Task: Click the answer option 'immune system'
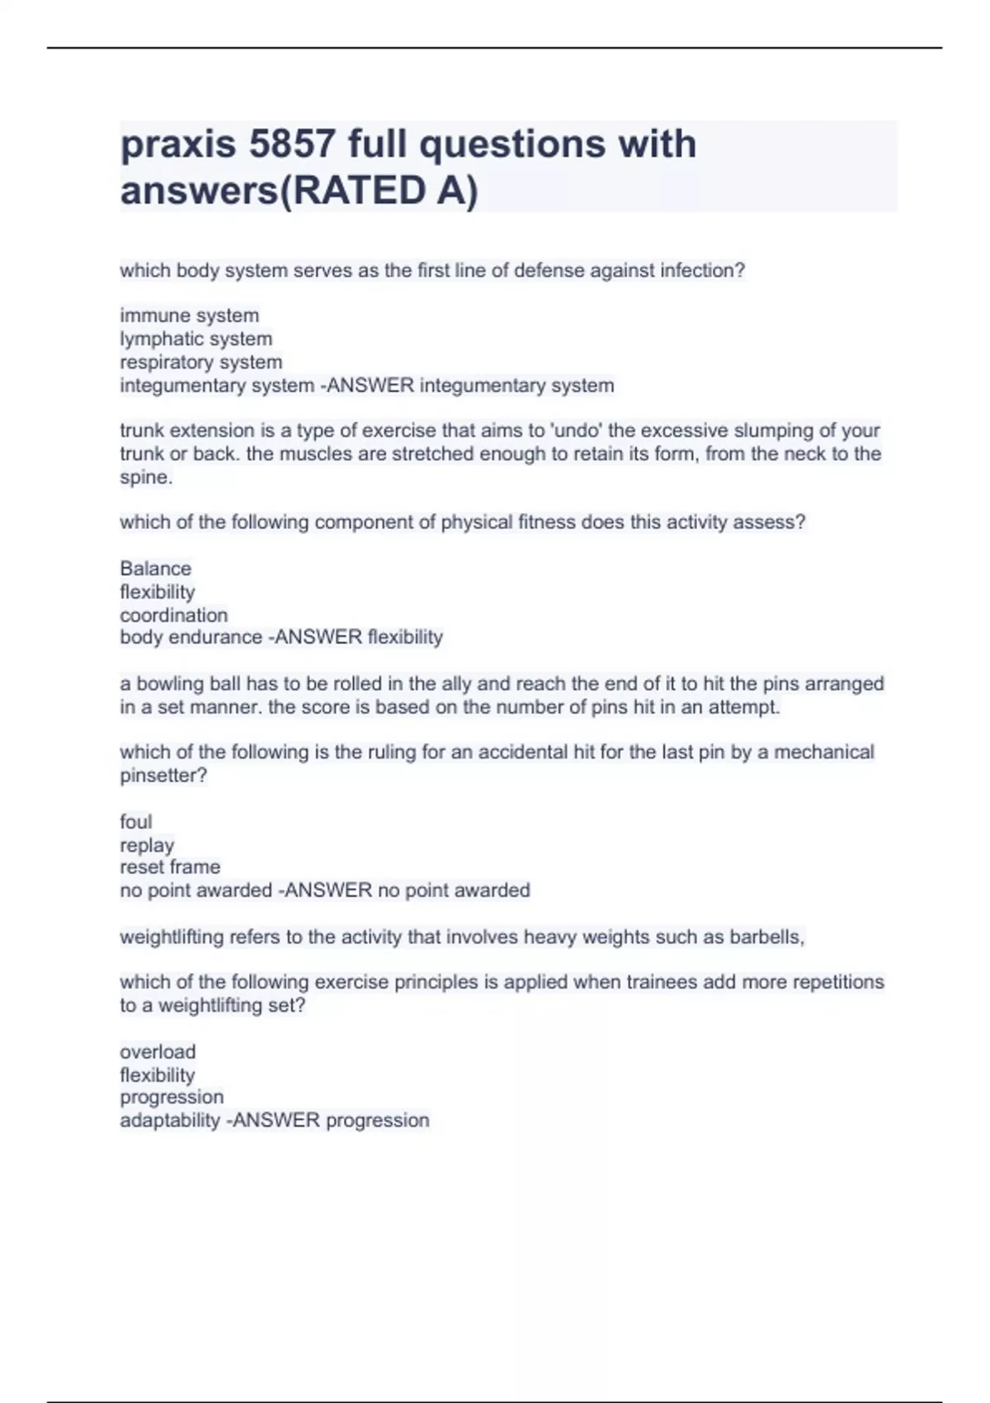[189, 315]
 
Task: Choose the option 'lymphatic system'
[196, 338]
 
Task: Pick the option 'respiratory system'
[200, 361]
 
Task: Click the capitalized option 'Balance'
[155, 568]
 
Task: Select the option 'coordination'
[173, 615]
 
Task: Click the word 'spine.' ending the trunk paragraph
[146, 477]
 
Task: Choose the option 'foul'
[135, 821]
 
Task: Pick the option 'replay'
[147, 844]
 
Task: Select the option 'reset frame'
[170, 867]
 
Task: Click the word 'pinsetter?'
[163, 775]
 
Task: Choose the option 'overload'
[158, 1051]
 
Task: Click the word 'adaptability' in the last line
[169, 1120]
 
